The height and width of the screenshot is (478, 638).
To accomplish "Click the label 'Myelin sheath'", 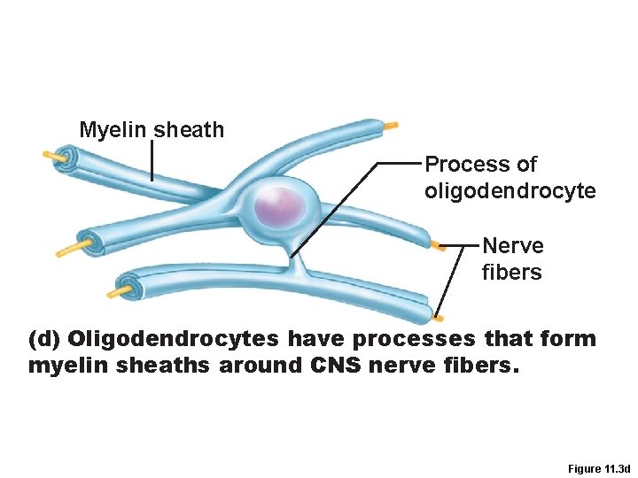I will tap(152, 130).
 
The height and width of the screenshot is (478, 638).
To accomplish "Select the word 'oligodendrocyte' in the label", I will tap(510, 191).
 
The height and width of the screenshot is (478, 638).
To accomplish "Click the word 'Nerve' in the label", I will tap(512, 245).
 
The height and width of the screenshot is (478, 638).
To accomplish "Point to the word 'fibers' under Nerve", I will tap(511, 273).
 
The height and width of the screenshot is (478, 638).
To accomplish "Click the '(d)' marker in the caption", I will tap(44, 338).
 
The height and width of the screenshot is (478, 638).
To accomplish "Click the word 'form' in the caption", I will tap(572, 338).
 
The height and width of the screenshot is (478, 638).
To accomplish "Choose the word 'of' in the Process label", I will tap(525, 165).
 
